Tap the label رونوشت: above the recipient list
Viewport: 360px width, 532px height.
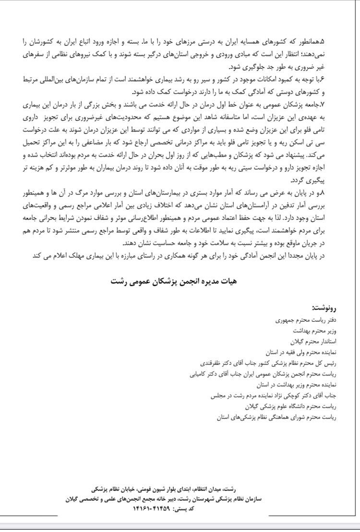(325, 307)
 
